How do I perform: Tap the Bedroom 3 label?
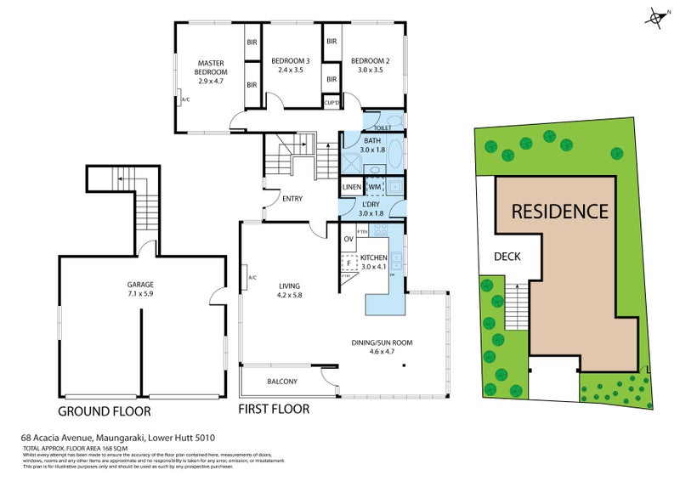(290, 61)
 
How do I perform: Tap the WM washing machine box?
(375, 187)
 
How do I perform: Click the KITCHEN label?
(374, 257)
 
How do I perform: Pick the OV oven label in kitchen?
(348, 240)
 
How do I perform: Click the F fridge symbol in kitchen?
(348, 264)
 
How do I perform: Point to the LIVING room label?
(290, 286)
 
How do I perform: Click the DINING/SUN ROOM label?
(382, 342)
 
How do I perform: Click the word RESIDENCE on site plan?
(558, 211)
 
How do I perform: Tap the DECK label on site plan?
(507, 256)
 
